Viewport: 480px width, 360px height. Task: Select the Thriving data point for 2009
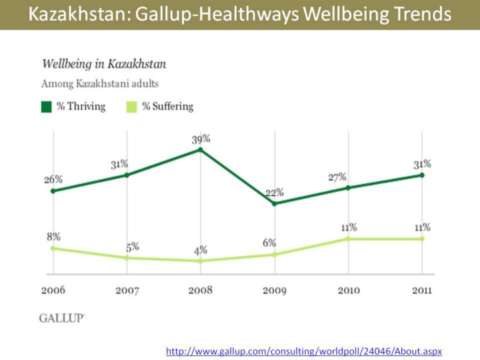[274, 203]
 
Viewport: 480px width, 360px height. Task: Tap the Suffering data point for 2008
[201, 261]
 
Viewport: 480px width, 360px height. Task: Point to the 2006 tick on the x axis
[53, 290]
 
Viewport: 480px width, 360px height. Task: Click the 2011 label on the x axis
[421, 290]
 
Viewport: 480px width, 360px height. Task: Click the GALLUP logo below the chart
[62, 318]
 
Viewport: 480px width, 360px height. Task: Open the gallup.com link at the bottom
[304, 351]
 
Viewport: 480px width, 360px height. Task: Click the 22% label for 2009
[274, 192]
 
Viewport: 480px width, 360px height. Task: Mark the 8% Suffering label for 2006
[53, 236]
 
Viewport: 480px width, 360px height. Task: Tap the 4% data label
[201, 250]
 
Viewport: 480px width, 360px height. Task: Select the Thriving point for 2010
[347, 188]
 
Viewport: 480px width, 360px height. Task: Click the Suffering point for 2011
[421, 239]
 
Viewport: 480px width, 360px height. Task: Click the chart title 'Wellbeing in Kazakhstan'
[104, 64]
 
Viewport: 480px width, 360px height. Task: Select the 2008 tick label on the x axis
[201, 290]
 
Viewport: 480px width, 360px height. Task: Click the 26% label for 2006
[53, 179]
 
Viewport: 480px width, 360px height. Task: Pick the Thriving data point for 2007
[127, 175]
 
